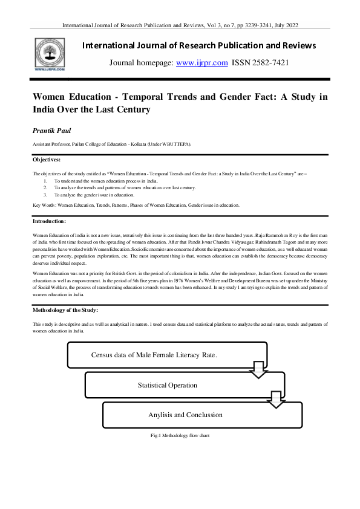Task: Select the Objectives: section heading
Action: coord(47,160)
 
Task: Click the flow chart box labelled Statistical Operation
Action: coord(167,385)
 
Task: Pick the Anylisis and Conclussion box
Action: coord(185,415)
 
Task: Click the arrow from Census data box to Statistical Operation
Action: coord(258,369)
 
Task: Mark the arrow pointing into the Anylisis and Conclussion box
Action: coord(277,398)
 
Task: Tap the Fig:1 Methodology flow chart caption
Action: coord(180,435)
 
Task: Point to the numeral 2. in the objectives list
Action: coord(45,187)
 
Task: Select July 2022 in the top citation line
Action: coord(283,25)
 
